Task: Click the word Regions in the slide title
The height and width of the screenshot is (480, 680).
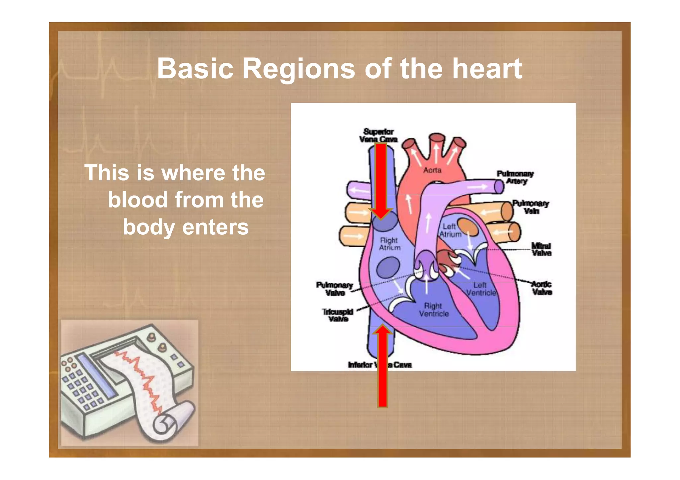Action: (298, 69)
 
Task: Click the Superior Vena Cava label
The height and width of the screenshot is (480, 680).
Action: (378, 135)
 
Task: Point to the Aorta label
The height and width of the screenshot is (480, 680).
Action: (432, 170)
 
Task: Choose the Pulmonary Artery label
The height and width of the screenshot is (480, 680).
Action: (515, 177)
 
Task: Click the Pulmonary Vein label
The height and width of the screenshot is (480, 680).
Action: (530, 207)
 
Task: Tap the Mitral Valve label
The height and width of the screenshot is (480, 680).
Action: (541, 249)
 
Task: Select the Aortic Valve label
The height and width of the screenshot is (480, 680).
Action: (542, 288)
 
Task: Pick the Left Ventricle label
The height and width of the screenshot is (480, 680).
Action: (481, 289)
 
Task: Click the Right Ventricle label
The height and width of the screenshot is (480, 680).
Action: (434, 310)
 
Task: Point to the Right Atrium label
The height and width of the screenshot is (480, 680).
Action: (389, 244)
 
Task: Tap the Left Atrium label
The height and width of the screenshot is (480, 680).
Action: (450, 230)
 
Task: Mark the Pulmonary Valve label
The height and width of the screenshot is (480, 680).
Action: (334, 289)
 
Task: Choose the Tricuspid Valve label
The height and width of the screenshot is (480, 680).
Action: (338, 315)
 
